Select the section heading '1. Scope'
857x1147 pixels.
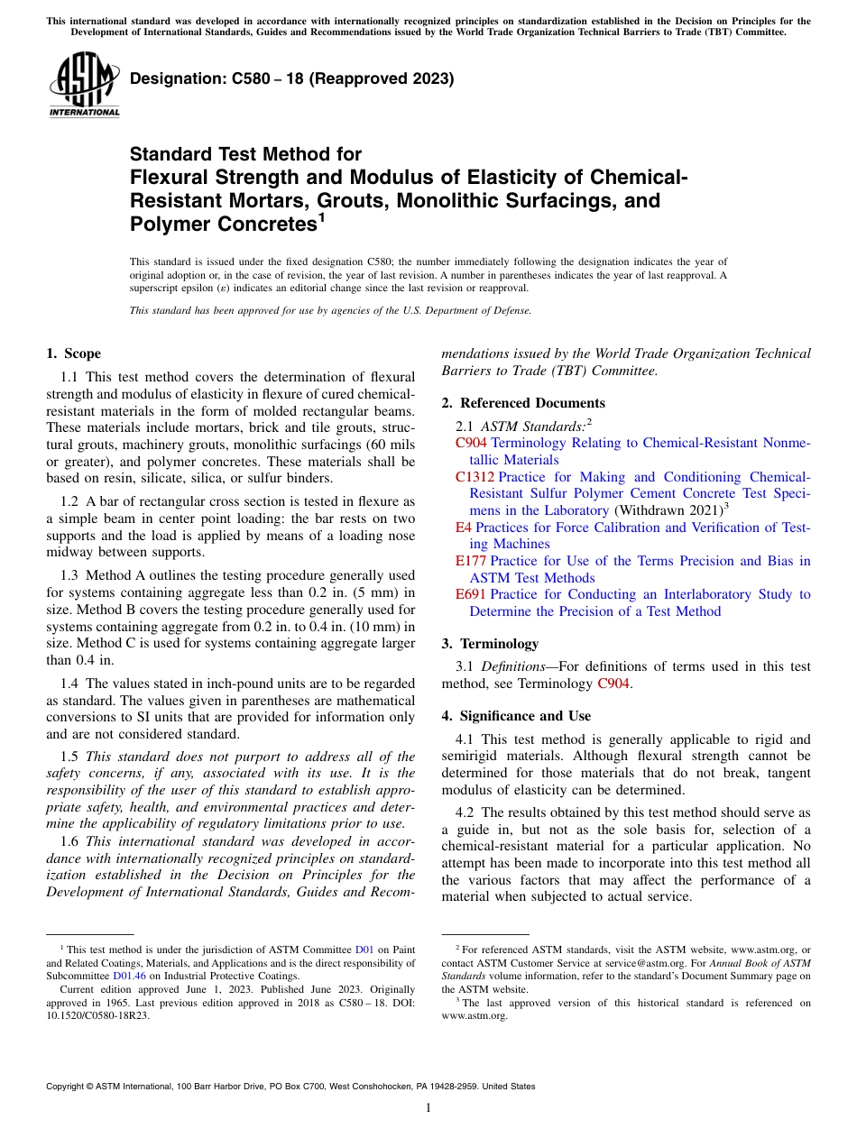tap(73, 353)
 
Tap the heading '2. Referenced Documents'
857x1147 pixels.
tap(523, 403)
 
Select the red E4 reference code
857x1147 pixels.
tap(464, 528)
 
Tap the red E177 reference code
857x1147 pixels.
tap(471, 561)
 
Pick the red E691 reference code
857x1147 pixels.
tap(471, 595)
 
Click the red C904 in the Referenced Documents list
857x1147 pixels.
tap(471, 443)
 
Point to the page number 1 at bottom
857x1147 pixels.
tap(428, 1108)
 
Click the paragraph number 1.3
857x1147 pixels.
tap(69, 575)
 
